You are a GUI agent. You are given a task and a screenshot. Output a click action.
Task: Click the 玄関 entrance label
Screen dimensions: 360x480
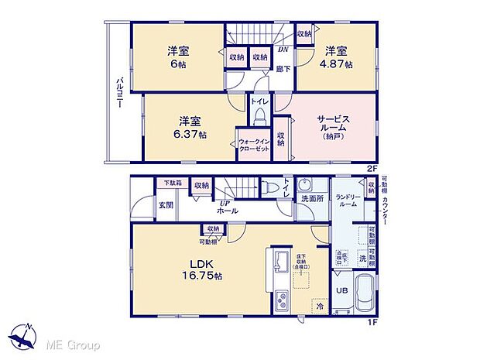click(166, 205)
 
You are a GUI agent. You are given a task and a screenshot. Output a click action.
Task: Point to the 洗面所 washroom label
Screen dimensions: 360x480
click(311, 198)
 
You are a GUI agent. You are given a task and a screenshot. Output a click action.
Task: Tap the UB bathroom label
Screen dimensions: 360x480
click(341, 291)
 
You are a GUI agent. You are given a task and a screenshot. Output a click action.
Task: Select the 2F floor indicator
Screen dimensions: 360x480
click(372, 166)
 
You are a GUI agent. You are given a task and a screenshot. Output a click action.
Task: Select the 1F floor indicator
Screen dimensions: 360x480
click(372, 321)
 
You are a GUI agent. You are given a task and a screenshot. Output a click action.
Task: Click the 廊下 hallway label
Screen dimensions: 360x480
click(283, 70)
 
